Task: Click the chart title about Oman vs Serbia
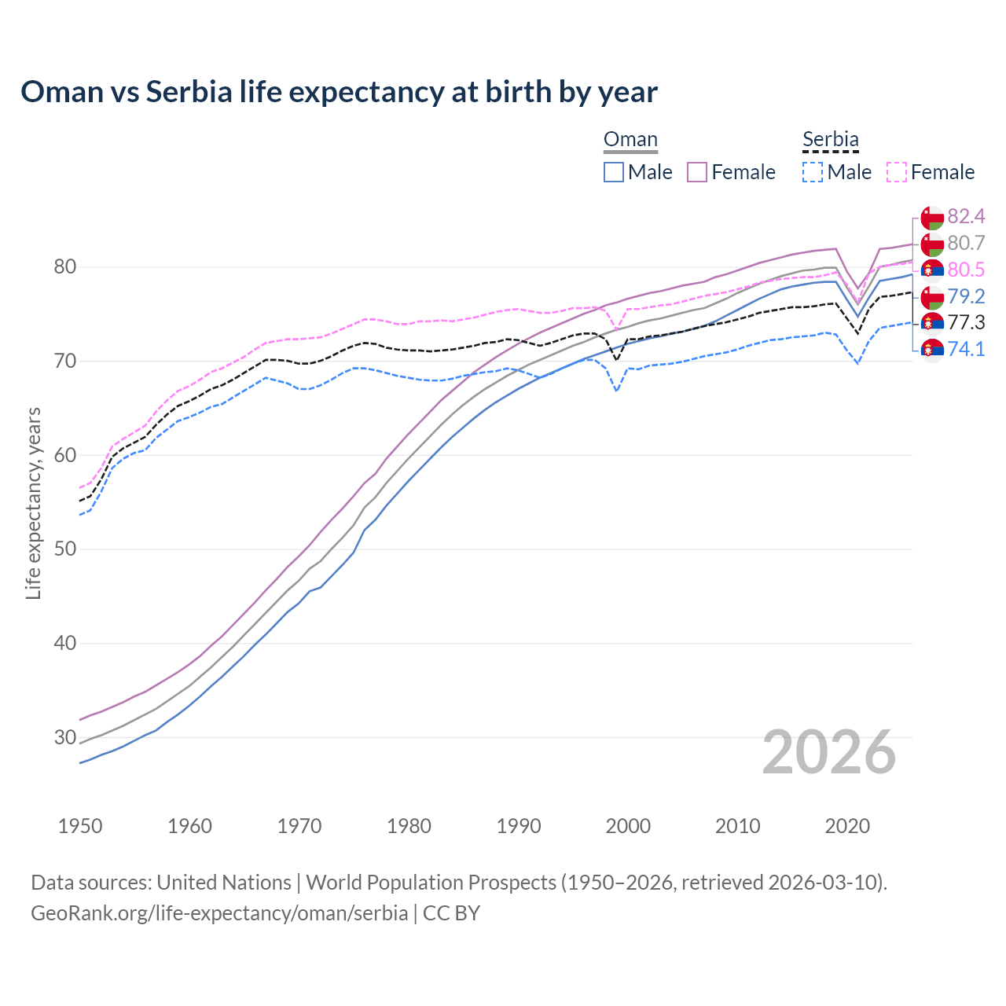coord(339,92)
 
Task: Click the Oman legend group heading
coord(630,140)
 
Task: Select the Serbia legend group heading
coord(830,140)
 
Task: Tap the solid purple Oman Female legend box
coord(697,172)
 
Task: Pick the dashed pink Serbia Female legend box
coord(897,172)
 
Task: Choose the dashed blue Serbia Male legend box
coord(813,172)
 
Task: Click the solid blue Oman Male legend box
coord(614,172)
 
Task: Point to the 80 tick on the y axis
coord(64,267)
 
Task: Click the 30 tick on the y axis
coord(64,737)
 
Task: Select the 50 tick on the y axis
coord(64,549)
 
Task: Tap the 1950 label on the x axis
coord(80,826)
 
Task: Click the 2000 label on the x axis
coord(628,826)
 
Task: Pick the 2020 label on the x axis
coord(847,826)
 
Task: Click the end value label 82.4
coord(966,217)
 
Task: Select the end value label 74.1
coord(966,349)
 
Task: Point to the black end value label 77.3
coord(966,323)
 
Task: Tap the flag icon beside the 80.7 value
coord(932,244)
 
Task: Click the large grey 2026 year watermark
coord(828,752)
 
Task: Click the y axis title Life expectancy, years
coord(33,503)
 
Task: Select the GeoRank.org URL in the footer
coord(219,913)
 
